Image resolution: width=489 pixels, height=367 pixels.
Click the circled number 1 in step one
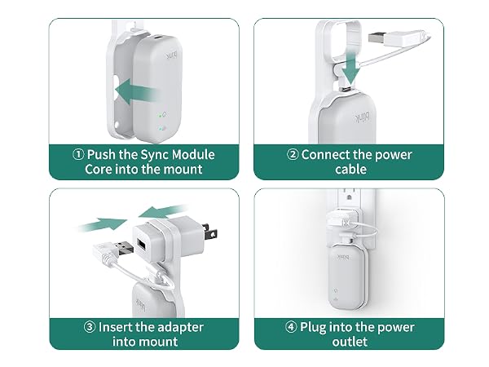78,154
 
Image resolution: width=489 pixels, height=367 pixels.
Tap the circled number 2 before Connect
293,154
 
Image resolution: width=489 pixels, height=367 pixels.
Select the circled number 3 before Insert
90,327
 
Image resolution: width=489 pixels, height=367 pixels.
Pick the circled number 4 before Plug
291,327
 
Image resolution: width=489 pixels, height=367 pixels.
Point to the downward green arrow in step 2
350,68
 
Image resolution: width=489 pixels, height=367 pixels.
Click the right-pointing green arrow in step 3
103,225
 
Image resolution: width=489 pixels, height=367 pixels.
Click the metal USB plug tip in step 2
377,38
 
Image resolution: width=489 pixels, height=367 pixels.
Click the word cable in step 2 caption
350,169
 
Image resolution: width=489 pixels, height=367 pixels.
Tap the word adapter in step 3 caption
182,327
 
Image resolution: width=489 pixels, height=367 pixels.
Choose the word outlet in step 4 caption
350,342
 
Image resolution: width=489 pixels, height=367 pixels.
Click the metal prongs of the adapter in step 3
209,231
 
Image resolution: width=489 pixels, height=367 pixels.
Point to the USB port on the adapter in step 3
141,244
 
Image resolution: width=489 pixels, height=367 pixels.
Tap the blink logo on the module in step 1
172,55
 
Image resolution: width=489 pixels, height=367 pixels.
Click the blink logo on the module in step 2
363,117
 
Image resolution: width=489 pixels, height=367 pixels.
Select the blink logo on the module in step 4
343,257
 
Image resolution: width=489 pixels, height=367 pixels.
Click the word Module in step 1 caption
193,154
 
